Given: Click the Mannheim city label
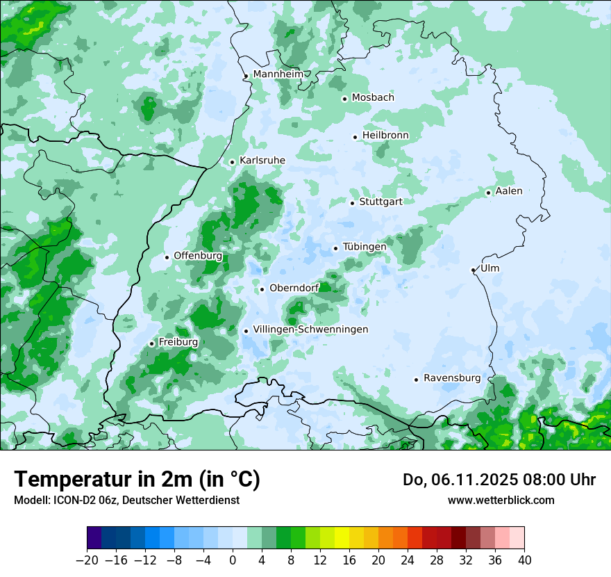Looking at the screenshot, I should (278, 74).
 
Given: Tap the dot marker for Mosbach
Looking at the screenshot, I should (344, 99).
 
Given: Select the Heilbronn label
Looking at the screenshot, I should (385, 135).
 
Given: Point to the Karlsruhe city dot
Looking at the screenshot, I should (232, 162).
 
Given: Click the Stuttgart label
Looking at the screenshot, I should (380, 202).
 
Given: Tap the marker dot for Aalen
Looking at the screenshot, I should (488, 193).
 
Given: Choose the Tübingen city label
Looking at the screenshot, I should (364, 247).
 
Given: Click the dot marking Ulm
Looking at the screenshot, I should (473, 270).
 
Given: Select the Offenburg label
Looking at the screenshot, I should (198, 256).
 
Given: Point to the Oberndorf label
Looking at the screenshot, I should (294, 288).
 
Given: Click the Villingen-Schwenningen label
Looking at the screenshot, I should (310, 330).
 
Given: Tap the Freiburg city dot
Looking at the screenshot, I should (151, 343).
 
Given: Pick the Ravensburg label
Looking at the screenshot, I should (452, 378).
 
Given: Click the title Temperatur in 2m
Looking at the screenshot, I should (137, 479).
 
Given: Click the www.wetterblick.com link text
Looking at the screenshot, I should (501, 500).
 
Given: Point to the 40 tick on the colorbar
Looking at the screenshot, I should (524, 560).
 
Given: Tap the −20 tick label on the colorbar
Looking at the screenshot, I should (87, 560).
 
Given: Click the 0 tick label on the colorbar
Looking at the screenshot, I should (233, 560).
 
